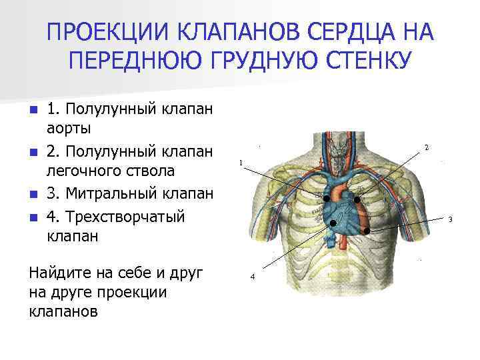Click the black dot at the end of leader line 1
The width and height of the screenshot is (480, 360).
pyautogui.click(x=327, y=199)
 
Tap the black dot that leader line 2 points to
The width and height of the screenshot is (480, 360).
pyautogui.click(x=357, y=199)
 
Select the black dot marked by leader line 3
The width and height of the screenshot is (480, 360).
pyautogui.click(x=367, y=231)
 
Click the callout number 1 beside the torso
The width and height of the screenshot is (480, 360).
pyautogui.click(x=241, y=162)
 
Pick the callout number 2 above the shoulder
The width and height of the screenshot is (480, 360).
pyautogui.click(x=426, y=147)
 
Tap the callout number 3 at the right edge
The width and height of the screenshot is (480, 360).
pyautogui.click(x=450, y=219)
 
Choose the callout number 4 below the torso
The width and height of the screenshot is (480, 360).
pyautogui.click(x=252, y=276)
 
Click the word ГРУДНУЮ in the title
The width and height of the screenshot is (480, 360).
pyautogui.click(x=251, y=61)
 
